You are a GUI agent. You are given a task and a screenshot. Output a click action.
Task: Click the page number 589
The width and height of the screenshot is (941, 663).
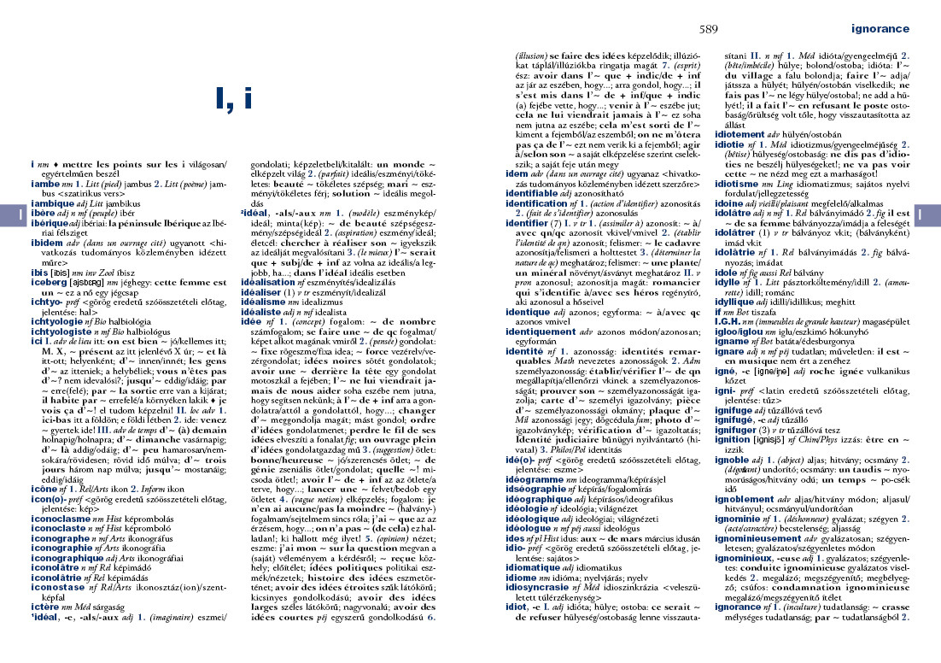coord(708,29)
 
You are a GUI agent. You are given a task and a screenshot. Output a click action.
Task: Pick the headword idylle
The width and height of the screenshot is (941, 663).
coord(730,280)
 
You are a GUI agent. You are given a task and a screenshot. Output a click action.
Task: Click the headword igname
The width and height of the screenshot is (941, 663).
coord(734,339)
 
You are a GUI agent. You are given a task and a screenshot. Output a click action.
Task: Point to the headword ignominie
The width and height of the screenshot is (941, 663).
coord(742,518)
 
